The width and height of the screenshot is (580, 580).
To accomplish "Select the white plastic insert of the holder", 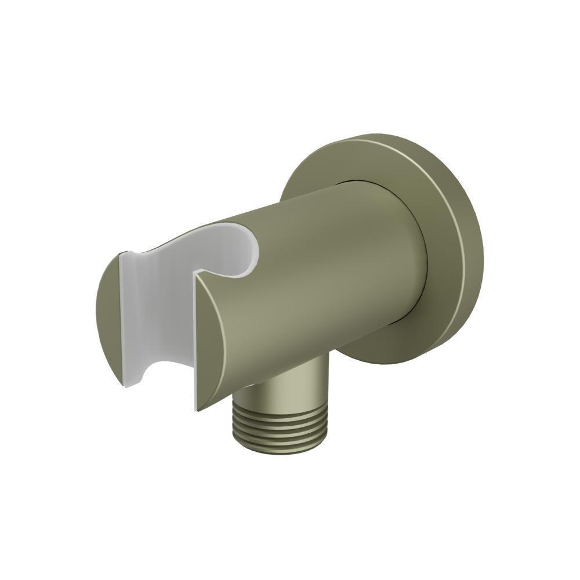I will tap(157, 313).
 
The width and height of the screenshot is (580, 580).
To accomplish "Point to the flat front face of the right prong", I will tap(209, 342).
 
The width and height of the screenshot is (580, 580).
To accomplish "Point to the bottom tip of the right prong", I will tap(198, 409).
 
